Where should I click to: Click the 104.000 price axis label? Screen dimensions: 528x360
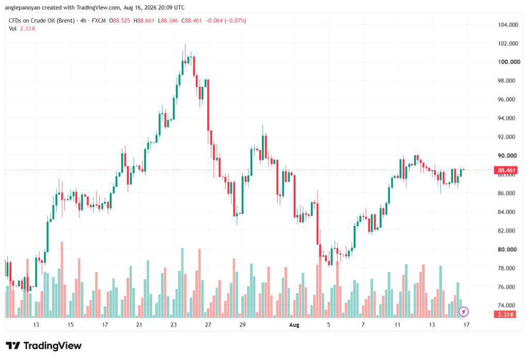(508, 25)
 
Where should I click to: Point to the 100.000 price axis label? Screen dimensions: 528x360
(509, 62)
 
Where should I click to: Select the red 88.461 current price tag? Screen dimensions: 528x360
(505, 170)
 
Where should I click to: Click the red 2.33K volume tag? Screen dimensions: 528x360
(505, 315)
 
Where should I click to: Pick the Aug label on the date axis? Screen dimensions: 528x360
(294, 324)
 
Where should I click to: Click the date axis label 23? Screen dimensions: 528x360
(173, 324)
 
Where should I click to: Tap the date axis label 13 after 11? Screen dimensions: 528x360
(432, 324)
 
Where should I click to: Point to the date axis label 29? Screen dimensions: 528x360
(242, 324)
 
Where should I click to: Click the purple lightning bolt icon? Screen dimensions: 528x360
(464, 312)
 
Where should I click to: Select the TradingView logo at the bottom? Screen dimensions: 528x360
(43, 346)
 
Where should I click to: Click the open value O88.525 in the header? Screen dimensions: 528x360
(120, 21)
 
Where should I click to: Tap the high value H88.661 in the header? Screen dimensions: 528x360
(144, 21)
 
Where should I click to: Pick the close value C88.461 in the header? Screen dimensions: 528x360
(191, 21)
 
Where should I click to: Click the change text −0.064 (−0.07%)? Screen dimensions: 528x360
(225, 21)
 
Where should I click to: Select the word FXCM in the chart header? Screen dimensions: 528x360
(98, 21)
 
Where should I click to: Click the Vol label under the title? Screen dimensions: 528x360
(12, 29)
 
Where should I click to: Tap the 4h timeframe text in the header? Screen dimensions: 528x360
(83, 21)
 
